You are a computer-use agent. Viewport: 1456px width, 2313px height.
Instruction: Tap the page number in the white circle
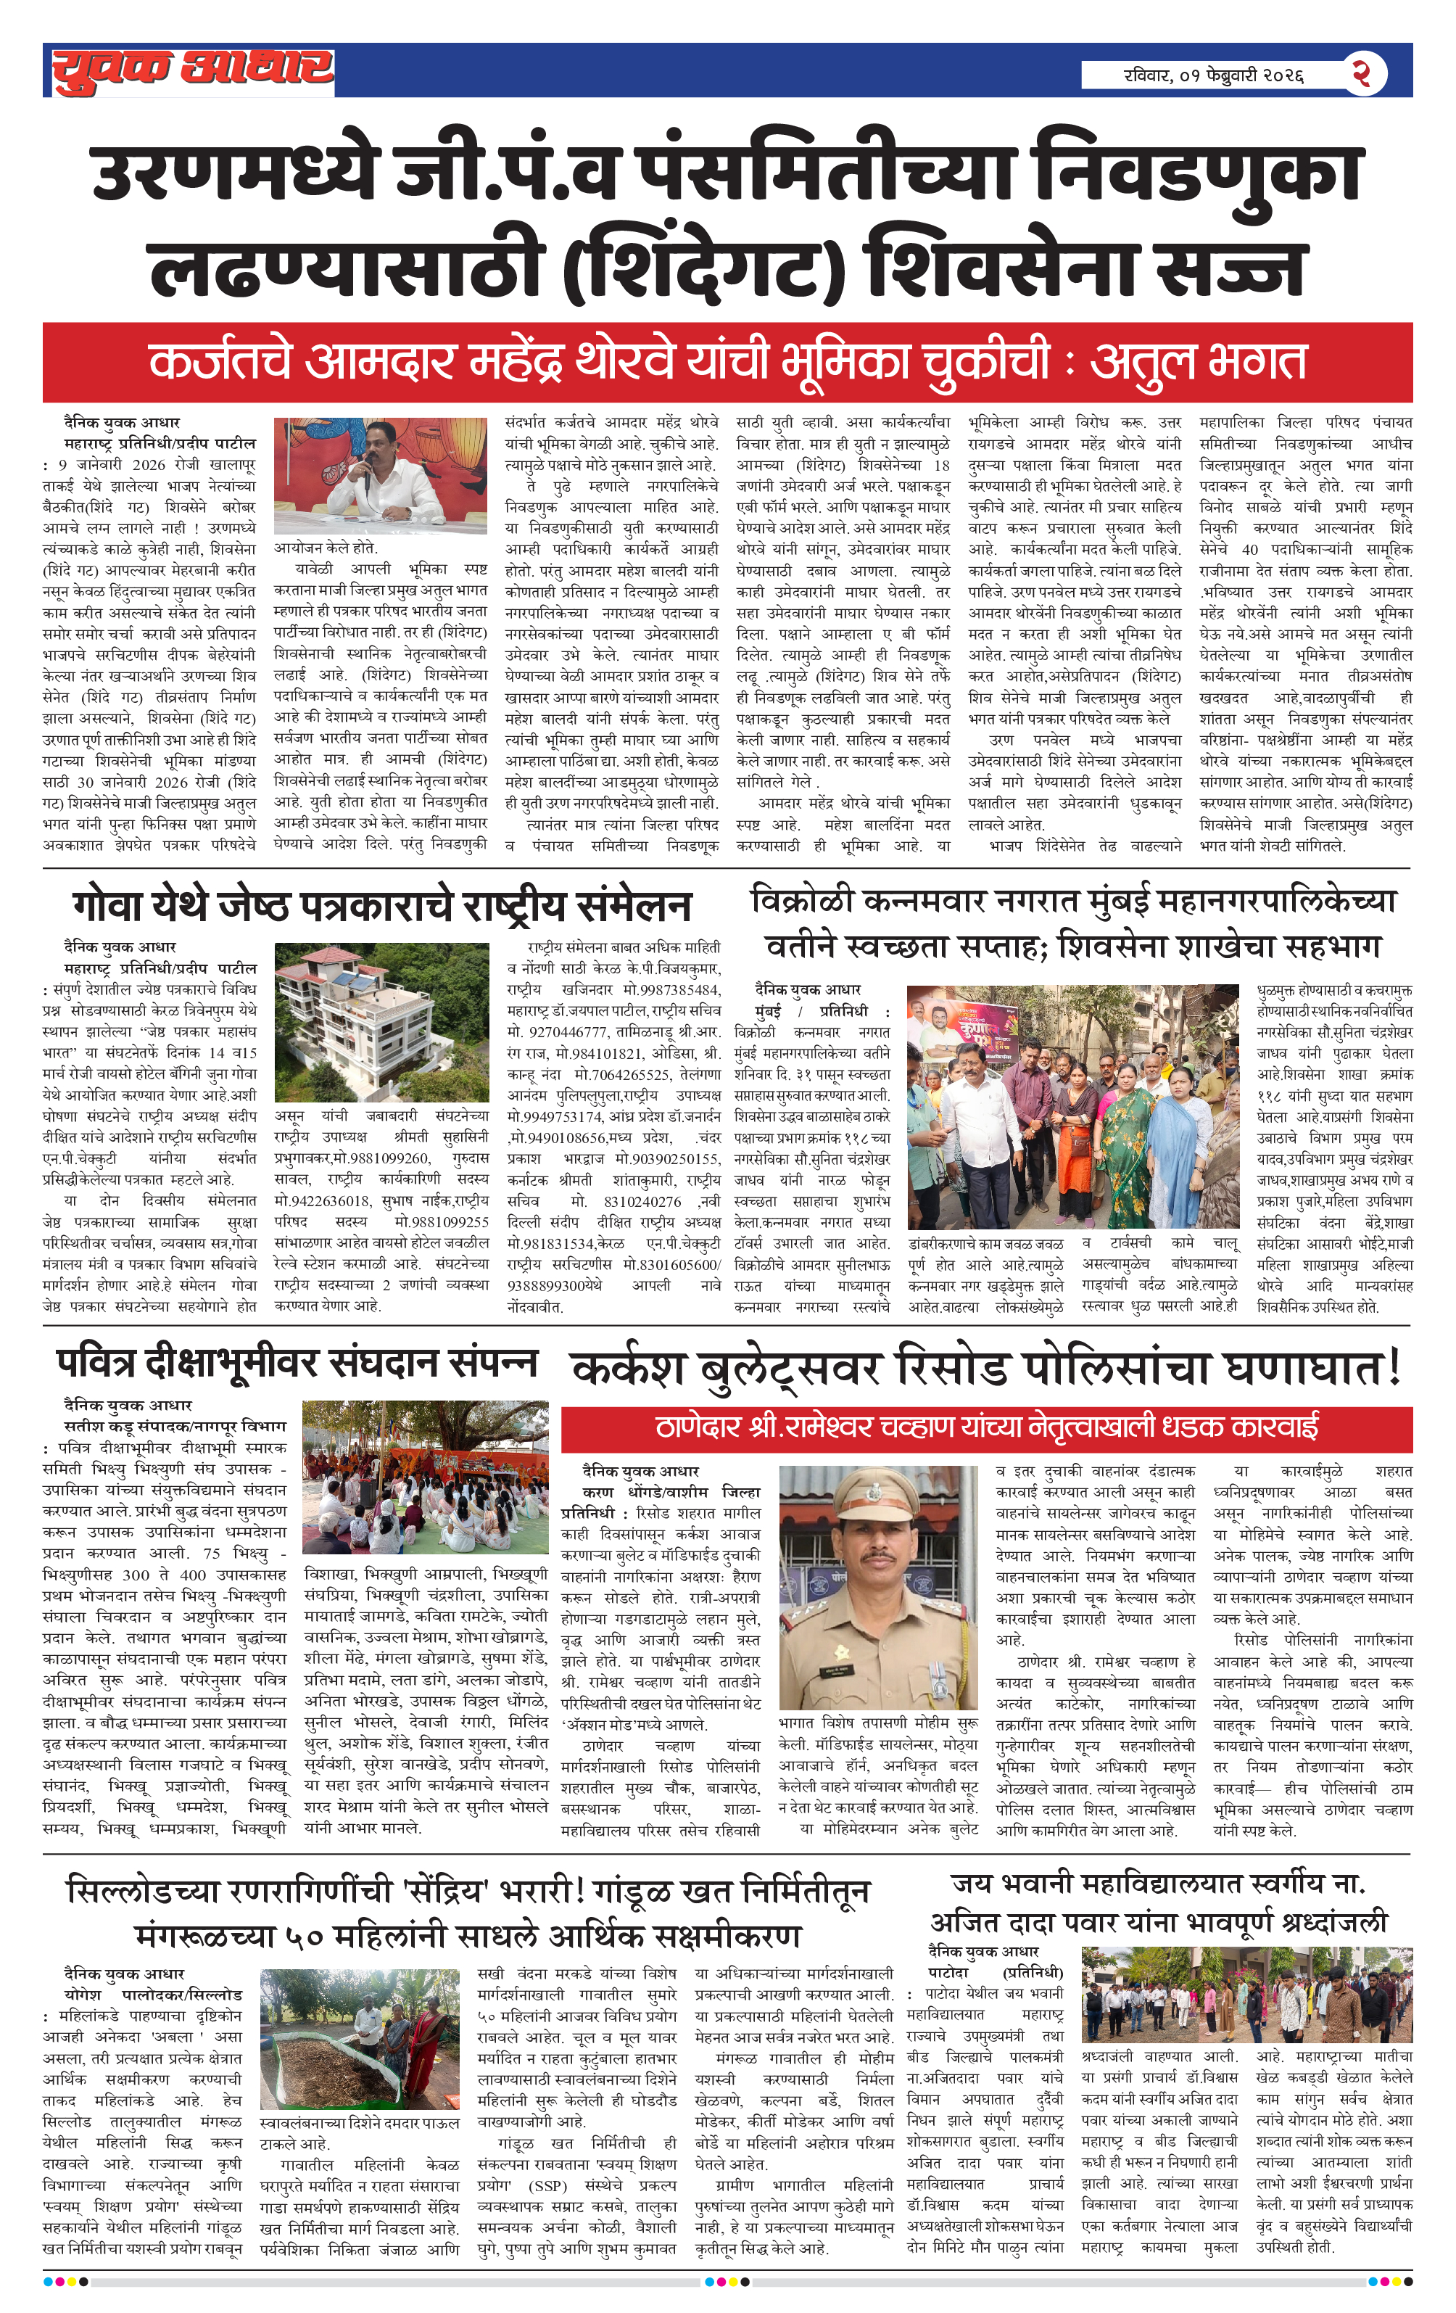(1361, 73)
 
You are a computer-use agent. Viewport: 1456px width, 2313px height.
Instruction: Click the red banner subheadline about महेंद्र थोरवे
(727, 362)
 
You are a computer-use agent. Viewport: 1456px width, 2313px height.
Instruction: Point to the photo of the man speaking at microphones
(379, 477)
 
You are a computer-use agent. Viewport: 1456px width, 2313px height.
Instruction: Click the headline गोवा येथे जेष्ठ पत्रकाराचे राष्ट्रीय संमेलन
(381, 906)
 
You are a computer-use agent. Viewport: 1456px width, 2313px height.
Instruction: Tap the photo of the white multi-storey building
(381, 1021)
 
